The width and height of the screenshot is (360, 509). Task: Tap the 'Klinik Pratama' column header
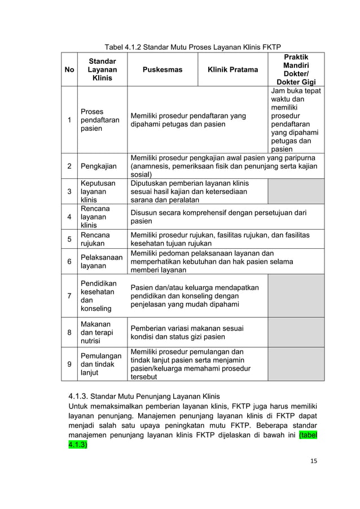coord(232,70)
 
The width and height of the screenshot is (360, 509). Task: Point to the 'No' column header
coord(69,70)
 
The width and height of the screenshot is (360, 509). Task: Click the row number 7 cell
coord(69,296)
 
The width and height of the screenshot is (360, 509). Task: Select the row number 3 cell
coord(69,192)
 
